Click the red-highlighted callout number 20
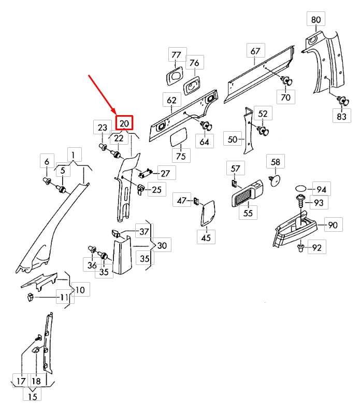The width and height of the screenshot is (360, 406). click(x=124, y=123)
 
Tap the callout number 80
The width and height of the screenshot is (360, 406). click(x=316, y=19)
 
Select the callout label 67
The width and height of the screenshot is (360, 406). click(x=255, y=51)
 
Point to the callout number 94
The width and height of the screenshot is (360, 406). click(x=321, y=190)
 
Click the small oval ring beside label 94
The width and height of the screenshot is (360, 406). click(x=301, y=188)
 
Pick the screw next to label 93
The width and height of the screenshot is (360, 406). click(x=300, y=201)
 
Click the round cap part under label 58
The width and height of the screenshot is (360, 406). click(x=275, y=180)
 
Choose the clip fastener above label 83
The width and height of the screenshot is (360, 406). click(x=343, y=101)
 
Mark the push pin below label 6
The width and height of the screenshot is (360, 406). click(x=47, y=181)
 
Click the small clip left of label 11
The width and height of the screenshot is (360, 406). click(x=30, y=297)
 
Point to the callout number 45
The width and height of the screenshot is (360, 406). click(x=206, y=237)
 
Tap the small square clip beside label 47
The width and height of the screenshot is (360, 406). click(x=196, y=201)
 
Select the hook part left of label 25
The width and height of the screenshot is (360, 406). click(x=141, y=190)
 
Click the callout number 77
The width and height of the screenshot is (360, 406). click(x=176, y=55)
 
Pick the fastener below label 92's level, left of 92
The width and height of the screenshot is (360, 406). click(x=300, y=248)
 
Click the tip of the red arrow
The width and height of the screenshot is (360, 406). click(x=116, y=114)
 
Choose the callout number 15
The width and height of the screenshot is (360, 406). click(x=32, y=397)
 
